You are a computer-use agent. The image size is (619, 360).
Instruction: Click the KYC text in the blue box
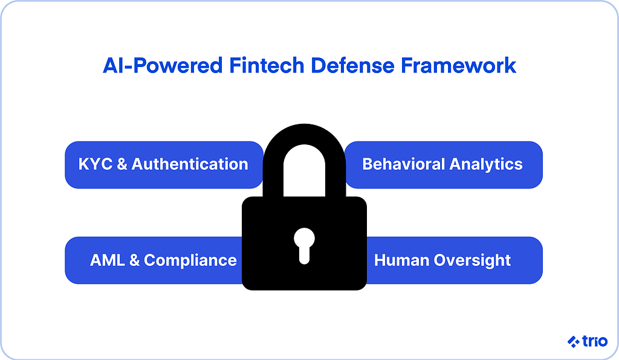pyautogui.click(x=95, y=164)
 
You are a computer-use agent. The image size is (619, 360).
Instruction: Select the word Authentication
pyautogui.click(x=190, y=164)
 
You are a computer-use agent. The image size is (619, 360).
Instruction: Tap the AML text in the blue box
pyautogui.click(x=107, y=260)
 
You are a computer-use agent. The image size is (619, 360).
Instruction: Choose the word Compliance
pyautogui.click(x=190, y=260)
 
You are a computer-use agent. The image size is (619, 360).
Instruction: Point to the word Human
pyautogui.click(x=400, y=260)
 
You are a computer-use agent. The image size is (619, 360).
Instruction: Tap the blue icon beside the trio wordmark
pyautogui.click(x=574, y=342)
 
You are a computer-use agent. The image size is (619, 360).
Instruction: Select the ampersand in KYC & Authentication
pyautogui.click(x=122, y=164)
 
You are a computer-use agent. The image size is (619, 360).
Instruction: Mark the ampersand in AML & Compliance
pyautogui.click(x=134, y=260)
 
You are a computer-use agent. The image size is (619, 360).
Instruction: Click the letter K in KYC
pyautogui.click(x=84, y=164)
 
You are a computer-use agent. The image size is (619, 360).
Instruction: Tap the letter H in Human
pyautogui.click(x=380, y=260)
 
